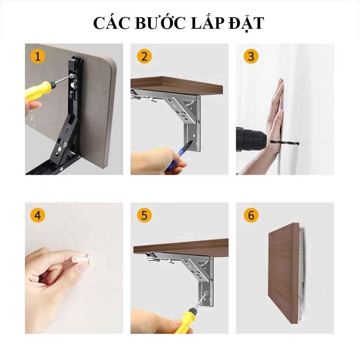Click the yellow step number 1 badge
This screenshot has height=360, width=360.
click(37, 57)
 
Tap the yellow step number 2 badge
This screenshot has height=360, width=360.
click(144, 57)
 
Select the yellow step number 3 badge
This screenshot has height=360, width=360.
click(251, 57)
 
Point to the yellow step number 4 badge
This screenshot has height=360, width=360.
click(37, 216)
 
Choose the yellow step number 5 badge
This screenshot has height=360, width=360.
click(144, 216)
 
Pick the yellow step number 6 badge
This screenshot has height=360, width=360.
click(251, 216)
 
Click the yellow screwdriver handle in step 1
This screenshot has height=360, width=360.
click(37, 91)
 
